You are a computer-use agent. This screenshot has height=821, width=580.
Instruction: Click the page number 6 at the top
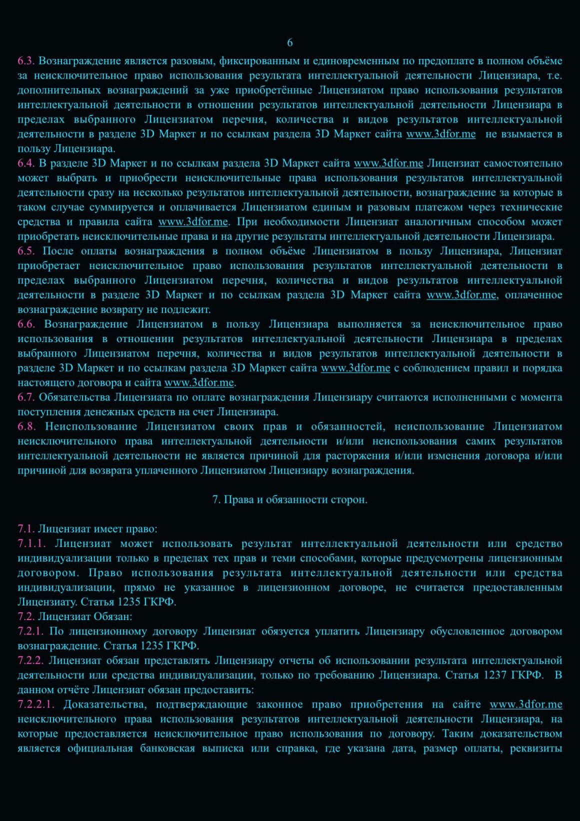pos(290,43)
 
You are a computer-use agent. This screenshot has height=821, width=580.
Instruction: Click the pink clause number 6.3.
pos(25,61)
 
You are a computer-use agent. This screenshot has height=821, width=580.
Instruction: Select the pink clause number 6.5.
pos(25,251)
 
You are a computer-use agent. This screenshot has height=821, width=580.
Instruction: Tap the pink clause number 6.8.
pos(26,426)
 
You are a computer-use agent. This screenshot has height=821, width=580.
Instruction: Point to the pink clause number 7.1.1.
pos(31,543)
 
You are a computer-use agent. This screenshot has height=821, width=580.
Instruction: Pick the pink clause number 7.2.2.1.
pos(36,704)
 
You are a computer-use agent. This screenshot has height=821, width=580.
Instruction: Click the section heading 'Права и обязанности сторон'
pos(295,499)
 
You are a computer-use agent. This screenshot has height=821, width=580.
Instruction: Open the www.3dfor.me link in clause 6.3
pos(440,134)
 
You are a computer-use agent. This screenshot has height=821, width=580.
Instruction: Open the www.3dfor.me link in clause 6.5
pos(461,295)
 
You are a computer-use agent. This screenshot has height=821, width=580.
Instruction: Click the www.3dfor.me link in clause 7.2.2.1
pos(525,704)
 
